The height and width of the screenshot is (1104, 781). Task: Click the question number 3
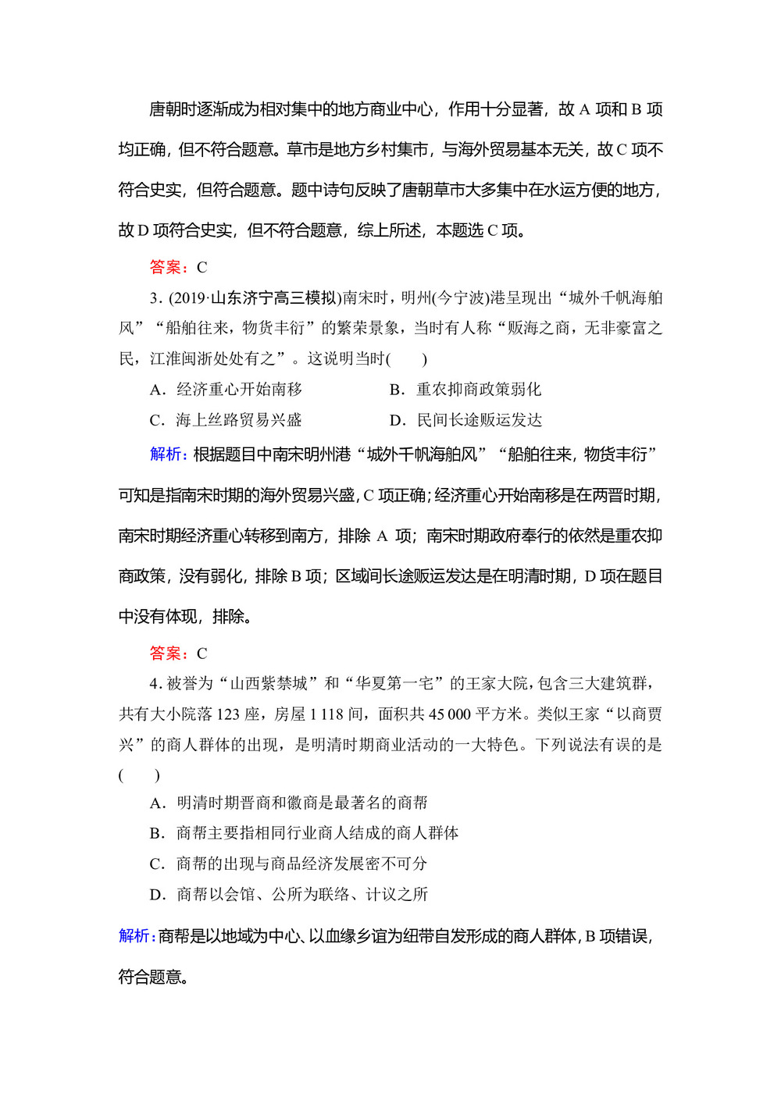coord(155,298)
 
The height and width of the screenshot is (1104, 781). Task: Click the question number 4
coord(155,684)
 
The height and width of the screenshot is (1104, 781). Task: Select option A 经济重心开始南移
coord(226,390)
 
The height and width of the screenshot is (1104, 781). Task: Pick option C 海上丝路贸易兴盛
coord(226,420)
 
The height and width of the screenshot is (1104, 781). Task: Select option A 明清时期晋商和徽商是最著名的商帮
coord(289,803)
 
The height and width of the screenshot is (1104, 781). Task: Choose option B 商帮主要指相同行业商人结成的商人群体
coord(305,833)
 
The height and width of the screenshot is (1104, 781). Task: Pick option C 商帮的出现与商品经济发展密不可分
coord(289,864)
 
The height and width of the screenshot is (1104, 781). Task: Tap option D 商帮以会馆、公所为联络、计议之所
coord(289,894)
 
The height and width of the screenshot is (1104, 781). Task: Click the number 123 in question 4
coord(228,714)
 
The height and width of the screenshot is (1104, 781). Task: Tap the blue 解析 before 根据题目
coord(167,454)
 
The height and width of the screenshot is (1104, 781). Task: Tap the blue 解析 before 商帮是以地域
coord(136,936)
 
